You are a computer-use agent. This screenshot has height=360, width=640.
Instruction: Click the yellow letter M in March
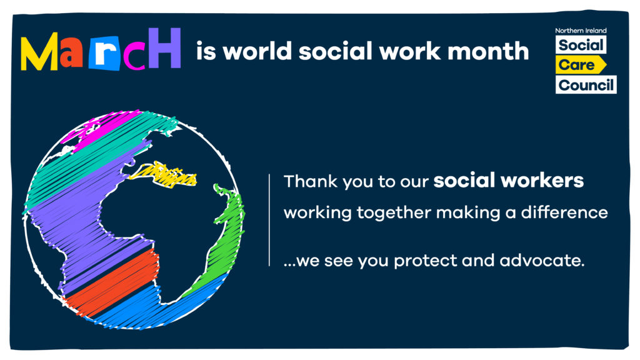[39, 51]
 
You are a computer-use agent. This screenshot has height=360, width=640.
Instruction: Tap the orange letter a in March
[71, 54]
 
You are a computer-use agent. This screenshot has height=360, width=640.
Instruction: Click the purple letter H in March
[164, 47]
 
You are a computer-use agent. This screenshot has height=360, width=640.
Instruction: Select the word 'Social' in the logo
[581, 45]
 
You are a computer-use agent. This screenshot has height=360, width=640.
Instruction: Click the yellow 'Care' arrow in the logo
[581, 65]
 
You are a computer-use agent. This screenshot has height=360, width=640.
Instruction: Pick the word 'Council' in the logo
[586, 85]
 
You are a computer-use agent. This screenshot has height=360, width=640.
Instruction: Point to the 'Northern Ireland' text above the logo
[581, 31]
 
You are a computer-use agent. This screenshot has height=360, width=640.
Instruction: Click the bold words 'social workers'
[509, 181]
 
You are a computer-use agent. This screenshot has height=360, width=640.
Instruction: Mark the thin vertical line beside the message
[269, 220]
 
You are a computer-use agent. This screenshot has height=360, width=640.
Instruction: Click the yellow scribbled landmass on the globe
[164, 175]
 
